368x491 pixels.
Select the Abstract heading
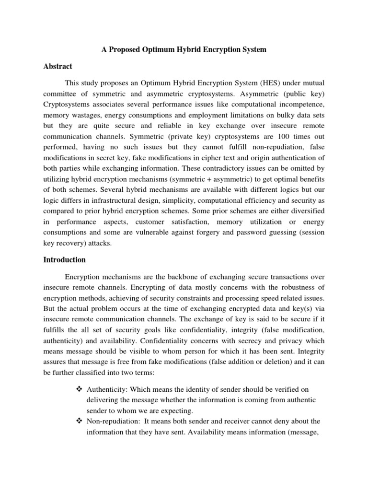coord(58,67)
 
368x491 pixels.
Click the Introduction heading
coord(65,260)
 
